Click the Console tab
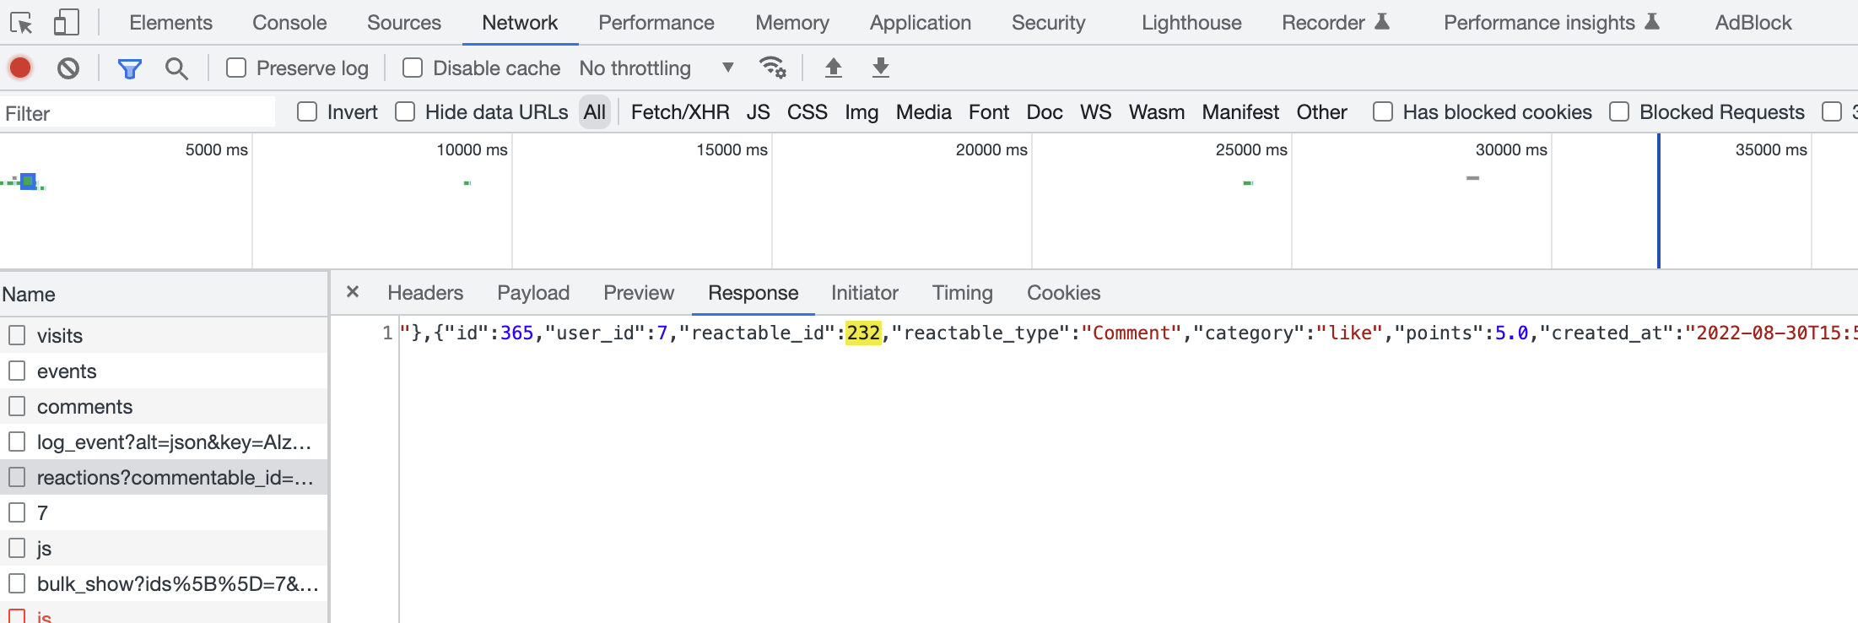click(x=289, y=23)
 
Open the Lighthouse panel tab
click(x=1191, y=23)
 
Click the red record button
click(x=21, y=68)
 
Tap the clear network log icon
click(x=68, y=68)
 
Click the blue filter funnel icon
click(x=129, y=68)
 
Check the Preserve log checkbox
click(x=236, y=68)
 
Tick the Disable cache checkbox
click(x=413, y=68)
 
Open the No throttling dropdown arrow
click(x=727, y=68)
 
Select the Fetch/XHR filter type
click(x=679, y=112)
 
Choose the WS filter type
click(x=1095, y=112)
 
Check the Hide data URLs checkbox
click(x=406, y=112)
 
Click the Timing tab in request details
click(x=962, y=293)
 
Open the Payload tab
click(x=533, y=293)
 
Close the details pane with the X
click(x=353, y=292)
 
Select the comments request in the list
click(x=84, y=407)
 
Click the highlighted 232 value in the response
click(x=863, y=333)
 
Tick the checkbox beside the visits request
click(x=17, y=336)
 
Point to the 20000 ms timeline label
click(x=991, y=150)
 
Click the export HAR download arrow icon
click(x=880, y=68)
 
